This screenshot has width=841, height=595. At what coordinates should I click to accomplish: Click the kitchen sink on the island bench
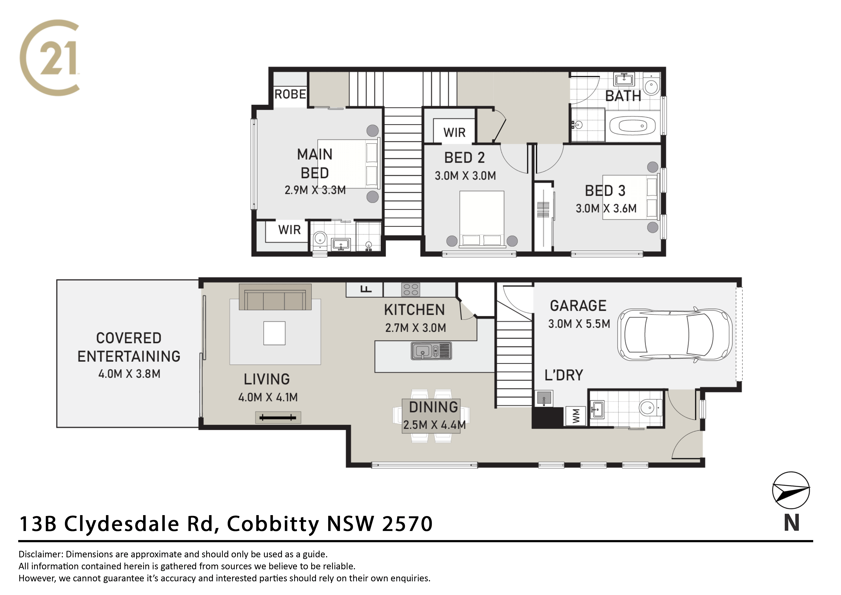pos(431,351)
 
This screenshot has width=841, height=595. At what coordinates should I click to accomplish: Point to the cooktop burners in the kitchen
pos(411,289)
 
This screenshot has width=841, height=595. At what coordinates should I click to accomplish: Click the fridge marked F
pos(365,289)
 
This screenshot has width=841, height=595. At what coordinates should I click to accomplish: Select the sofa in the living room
pos(275,297)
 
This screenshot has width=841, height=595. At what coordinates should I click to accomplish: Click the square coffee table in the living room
pos(274,333)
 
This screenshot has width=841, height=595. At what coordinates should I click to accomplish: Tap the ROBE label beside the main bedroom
pos(290,94)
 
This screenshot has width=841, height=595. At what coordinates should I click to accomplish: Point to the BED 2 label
pos(464,158)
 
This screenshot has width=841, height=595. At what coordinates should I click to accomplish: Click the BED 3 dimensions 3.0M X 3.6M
pos(606,208)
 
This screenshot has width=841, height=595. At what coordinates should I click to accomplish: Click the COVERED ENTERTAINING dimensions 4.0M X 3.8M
pos(129,374)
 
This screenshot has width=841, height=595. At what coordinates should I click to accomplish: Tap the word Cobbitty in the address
pos(273,524)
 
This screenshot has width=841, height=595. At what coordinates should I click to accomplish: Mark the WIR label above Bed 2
pos(454,132)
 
